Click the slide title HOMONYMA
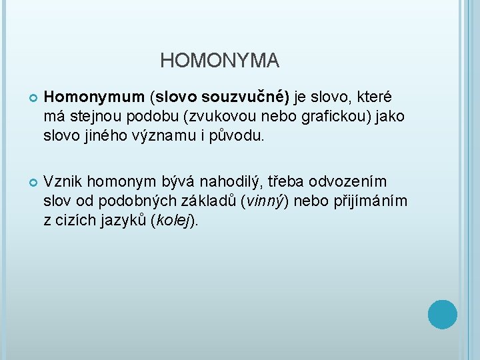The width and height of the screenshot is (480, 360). (x=219, y=61)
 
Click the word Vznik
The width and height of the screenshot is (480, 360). (x=63, y=182)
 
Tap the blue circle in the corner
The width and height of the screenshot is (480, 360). (x=442, y=314)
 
